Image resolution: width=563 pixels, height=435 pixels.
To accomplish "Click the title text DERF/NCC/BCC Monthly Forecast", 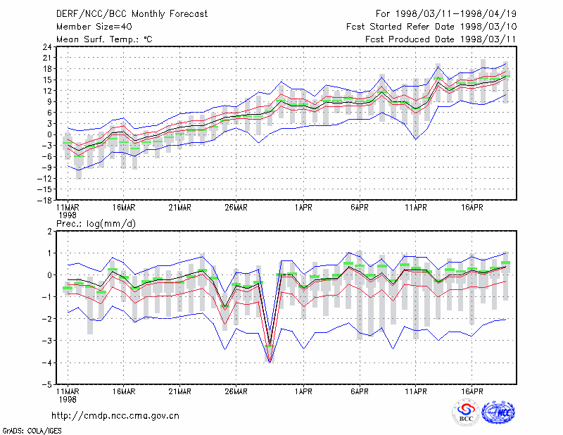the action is [x=132, y=14].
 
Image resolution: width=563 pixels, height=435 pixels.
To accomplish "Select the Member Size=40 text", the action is [x=94, y=27].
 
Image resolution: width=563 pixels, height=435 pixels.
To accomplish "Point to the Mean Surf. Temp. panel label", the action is [x=104, y=39].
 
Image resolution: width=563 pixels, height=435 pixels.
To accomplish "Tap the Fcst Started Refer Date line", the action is [x=431, y=27].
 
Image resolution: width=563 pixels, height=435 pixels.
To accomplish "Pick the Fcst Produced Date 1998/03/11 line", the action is [x=441, y=39].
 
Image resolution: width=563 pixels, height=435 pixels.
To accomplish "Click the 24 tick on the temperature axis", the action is [x=47, y=46].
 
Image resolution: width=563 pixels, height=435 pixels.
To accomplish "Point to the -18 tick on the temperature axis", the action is [x=45, y=200].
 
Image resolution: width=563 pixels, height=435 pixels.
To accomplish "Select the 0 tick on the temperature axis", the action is [x=49, y=134].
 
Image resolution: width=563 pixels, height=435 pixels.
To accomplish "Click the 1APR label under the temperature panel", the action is [x=304, y=208].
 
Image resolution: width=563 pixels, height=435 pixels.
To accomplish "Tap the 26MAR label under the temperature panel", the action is [x=236, y=208].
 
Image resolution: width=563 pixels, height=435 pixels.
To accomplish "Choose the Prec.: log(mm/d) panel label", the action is [x=96, y=224].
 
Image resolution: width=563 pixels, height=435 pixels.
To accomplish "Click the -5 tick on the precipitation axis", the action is [x=47, y=385].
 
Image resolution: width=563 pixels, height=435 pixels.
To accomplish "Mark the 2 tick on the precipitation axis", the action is [x=49, y=232].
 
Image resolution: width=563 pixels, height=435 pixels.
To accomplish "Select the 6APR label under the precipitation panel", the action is [x=360, y=391].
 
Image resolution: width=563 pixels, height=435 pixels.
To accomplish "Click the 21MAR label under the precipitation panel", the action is [x=180, y=391].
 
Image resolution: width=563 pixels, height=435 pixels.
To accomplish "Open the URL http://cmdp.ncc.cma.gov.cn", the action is [x=115, y=416].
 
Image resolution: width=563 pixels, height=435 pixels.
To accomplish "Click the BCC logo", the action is [x=466, y=412].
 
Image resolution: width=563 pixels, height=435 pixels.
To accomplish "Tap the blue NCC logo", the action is [x=498, y=412].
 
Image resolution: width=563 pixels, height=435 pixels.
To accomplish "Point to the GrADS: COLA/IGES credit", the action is [x=32, y=431].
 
